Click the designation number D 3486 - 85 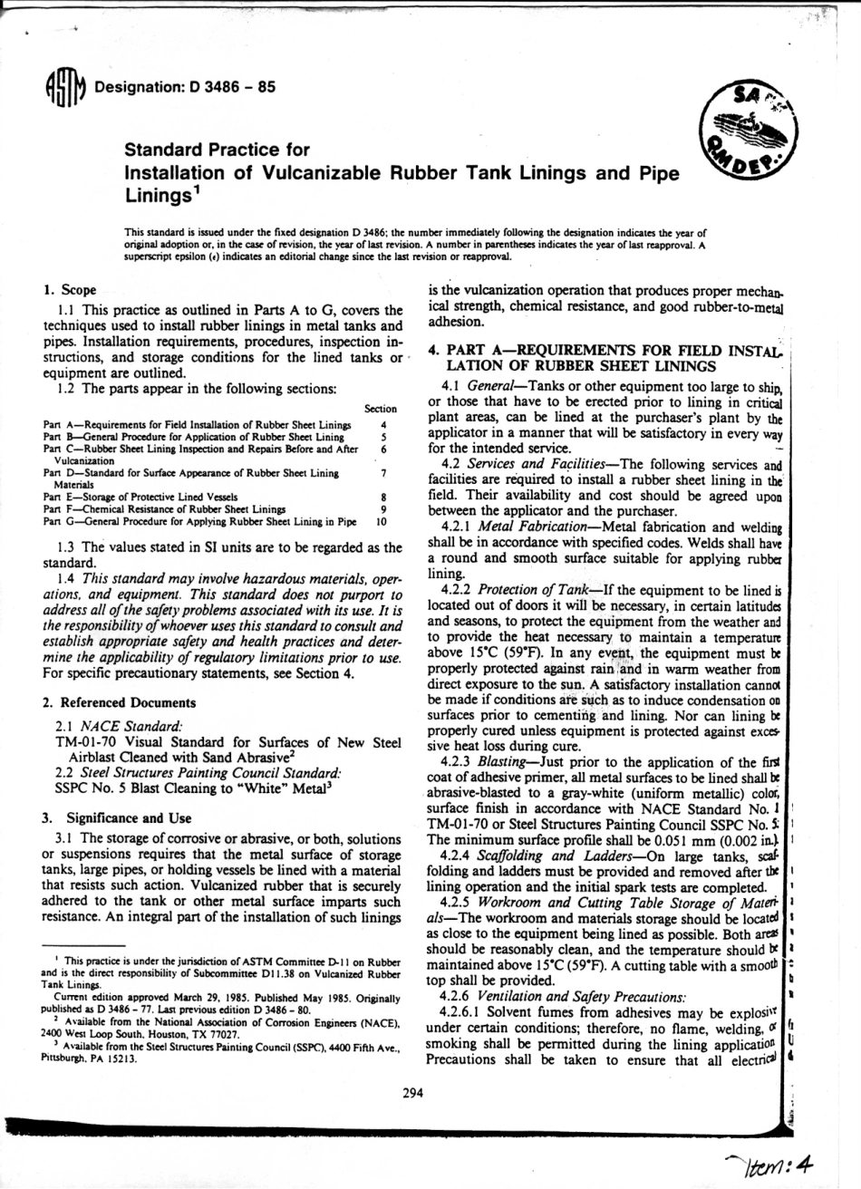click(x=229, y=87)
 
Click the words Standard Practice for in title click(x=217, y=149)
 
